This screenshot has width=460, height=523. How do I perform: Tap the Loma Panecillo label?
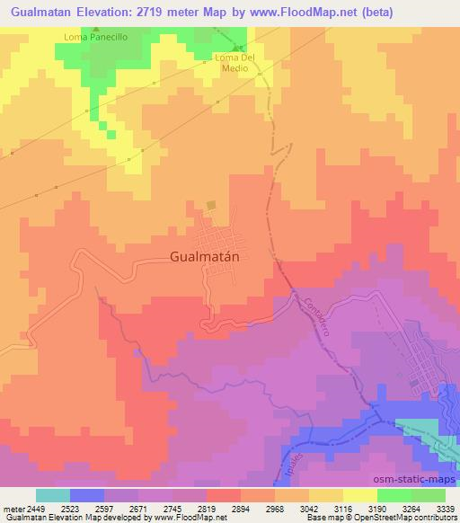[94, 37]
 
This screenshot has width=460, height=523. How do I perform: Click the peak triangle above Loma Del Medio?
[237, 48]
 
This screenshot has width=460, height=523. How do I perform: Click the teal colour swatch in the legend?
[52, 495]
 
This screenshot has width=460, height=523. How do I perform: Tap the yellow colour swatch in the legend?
[359, 495]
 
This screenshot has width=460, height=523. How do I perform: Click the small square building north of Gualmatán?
[211, 206]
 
